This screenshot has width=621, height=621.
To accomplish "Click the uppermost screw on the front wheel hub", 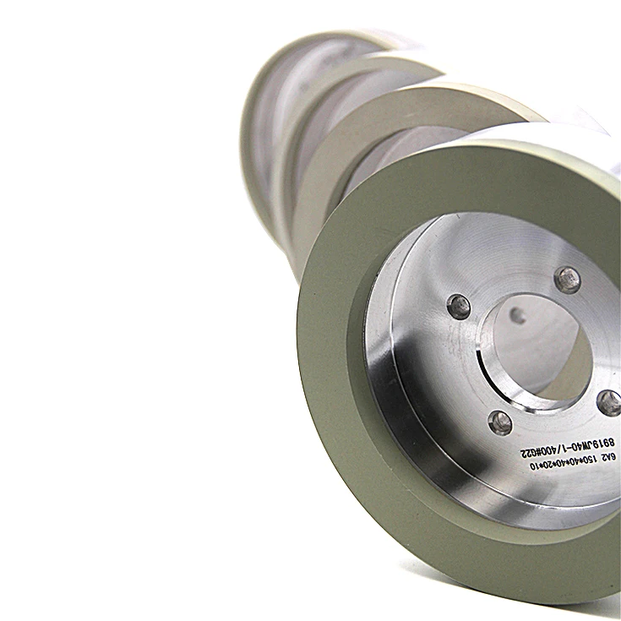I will pos(568,280).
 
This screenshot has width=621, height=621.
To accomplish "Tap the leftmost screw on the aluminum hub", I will pos(459,306).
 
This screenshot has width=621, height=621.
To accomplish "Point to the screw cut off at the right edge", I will pos(609,402).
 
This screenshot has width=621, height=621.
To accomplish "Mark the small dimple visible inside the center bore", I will pos(517,317).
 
